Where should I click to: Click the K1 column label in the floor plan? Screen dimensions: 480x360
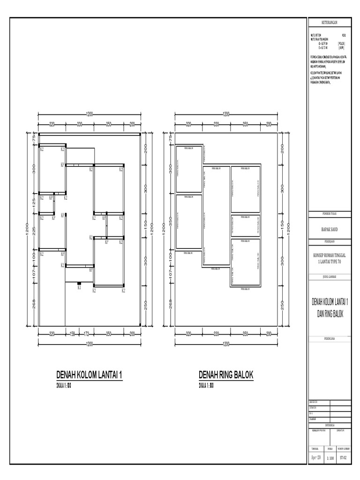point(79,288)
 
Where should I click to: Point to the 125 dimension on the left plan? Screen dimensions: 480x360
point(34,204)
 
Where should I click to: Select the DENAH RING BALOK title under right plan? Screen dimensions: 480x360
point(226,375)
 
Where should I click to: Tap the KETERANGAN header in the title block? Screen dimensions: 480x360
point(329,22)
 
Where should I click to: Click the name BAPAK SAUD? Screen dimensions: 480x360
point(329,229)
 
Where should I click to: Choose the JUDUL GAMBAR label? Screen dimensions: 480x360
point(329,277)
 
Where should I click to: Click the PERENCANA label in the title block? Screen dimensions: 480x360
point(329,337)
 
